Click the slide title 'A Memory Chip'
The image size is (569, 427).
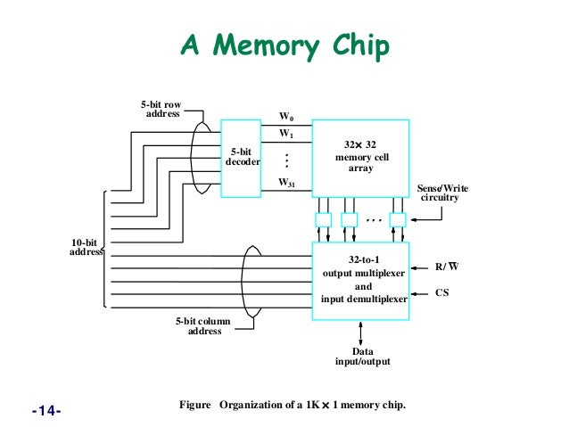pos(285,45)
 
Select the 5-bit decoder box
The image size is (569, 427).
pos(242,159)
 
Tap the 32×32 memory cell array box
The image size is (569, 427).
pos(361,158)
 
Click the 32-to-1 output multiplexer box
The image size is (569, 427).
pos(361,275)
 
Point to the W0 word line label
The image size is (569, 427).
pos(285,116)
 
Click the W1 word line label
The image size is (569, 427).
pos(285,134)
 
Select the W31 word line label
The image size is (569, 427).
pos(286,183)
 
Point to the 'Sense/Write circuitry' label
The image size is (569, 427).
pos(442,193)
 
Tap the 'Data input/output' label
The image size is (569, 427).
pos(360,357)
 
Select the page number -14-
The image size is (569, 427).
pos(45,411)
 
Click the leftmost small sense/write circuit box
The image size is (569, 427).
pos(323,218)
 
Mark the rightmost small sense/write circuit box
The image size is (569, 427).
pos(397,218)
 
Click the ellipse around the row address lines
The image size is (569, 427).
pos(200,156)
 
